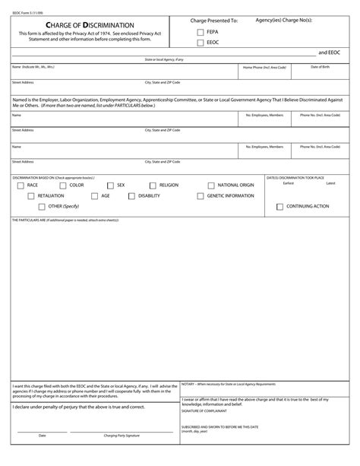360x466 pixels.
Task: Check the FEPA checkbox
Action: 201,32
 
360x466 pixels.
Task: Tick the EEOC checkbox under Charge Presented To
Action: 201,43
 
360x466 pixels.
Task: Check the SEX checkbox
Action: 110,185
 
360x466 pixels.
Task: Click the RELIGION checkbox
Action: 153,185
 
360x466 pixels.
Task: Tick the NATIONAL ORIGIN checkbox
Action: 210,185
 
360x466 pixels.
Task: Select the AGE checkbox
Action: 95,195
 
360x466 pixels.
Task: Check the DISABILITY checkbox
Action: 131,195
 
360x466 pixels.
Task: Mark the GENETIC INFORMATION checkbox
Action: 200,195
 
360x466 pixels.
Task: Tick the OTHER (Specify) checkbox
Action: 41,206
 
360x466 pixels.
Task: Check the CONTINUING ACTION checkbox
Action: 279,206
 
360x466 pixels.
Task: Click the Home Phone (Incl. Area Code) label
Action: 264,68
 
